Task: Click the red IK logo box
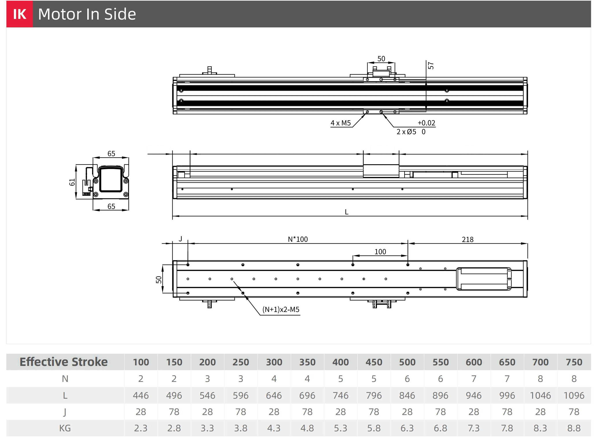coord(20,14)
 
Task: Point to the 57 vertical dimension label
coord(431,66)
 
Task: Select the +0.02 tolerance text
coord(426,123)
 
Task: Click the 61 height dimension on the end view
coord(72,182)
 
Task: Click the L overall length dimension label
coord(347,212)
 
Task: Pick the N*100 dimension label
coord(298,239)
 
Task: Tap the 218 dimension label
coord(468,239)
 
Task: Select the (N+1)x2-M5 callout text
coord(281,310)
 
